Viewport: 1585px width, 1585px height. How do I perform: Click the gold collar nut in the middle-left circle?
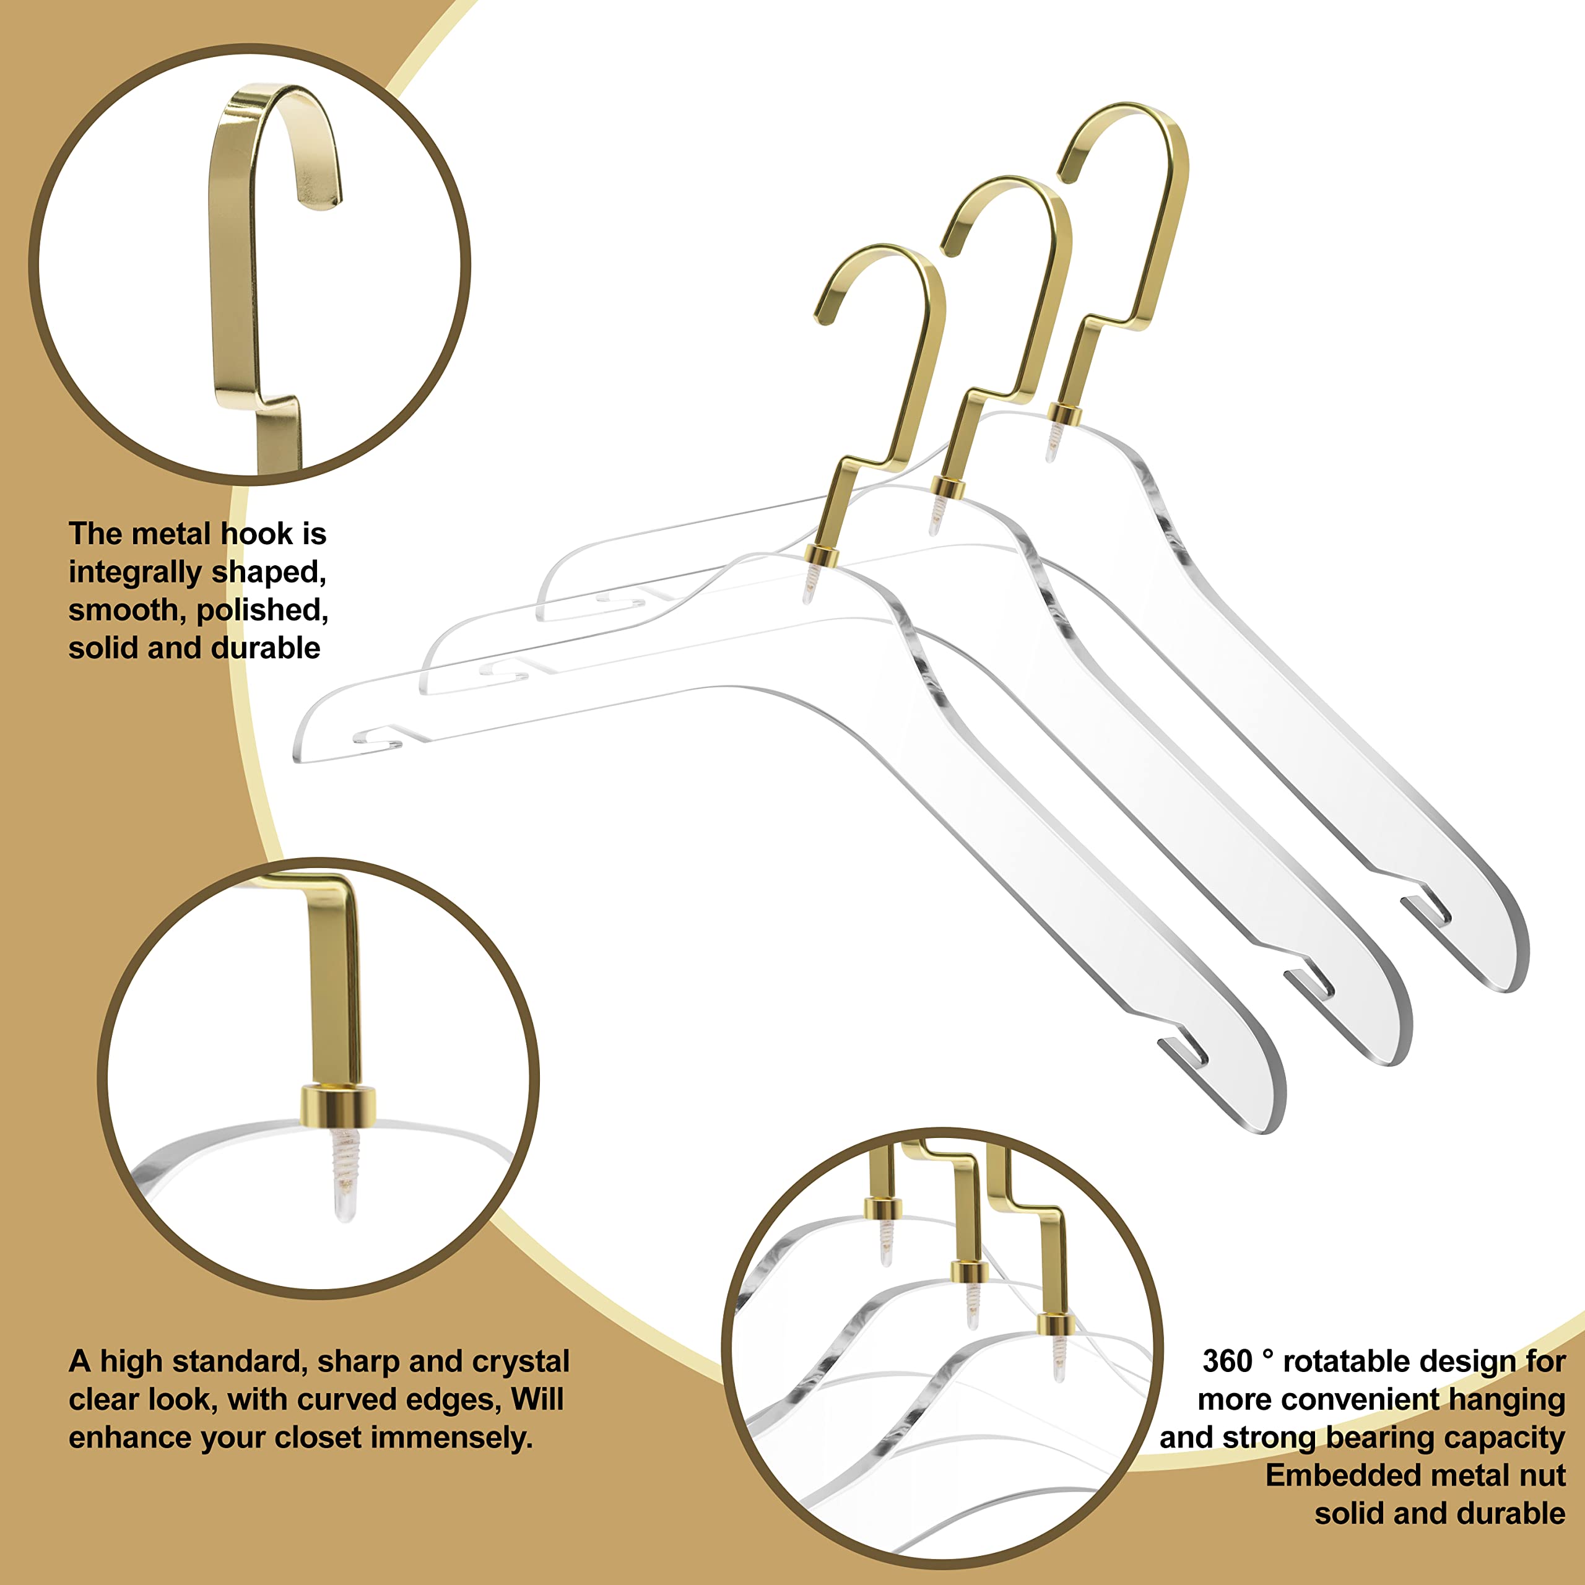coord(337,1105)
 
